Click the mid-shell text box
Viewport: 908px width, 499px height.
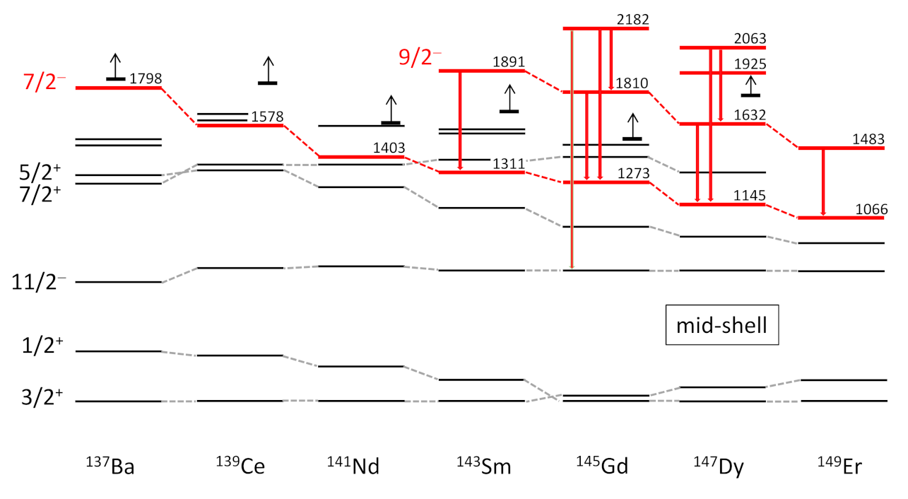[x=722, y=326]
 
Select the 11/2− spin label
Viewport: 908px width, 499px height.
[x=40, y=282]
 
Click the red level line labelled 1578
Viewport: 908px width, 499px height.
[x=240, y=125]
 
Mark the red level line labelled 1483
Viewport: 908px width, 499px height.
[x=841, y=148]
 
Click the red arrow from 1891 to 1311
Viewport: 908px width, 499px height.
[x=460, y=121]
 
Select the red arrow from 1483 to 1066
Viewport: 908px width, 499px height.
[x=822, y=182]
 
